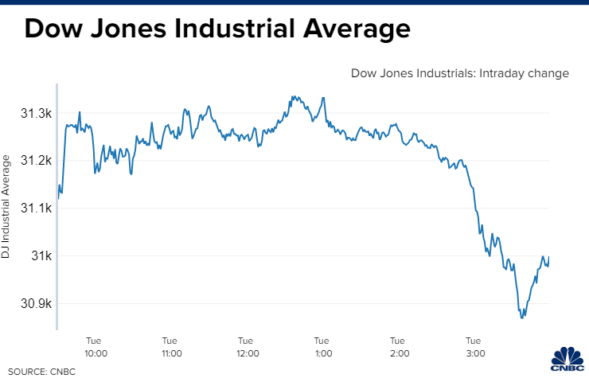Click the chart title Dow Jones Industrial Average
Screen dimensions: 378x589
click(216, 29)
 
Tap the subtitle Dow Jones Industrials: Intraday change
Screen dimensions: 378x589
click(460, 73)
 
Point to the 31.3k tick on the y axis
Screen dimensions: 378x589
click(35, 115)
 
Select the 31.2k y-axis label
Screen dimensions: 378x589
click(35, 161)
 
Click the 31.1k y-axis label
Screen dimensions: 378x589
click(35, 208)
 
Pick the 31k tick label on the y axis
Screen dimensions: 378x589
click(41, 256)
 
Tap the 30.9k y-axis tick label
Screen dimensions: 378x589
click(35, 303)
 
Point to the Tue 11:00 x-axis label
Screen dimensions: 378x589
click(170, 346)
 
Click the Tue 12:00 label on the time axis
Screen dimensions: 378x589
click(246, 346)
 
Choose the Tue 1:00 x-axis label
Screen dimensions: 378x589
click(322, 346)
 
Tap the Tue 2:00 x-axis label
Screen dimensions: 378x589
click(398, 346)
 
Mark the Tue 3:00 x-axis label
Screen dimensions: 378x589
click(474, 346)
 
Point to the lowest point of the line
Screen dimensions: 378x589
click(521, 318)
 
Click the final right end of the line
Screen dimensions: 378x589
click(549, 257)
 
